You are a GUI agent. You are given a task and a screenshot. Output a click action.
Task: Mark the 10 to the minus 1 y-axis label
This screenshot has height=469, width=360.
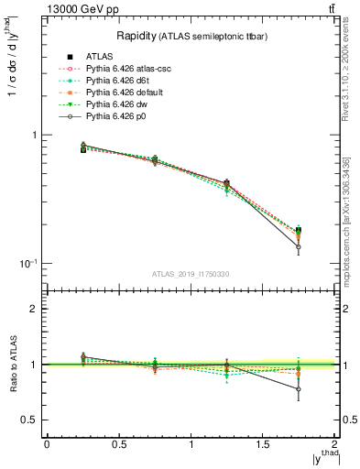click(x=27, y=264)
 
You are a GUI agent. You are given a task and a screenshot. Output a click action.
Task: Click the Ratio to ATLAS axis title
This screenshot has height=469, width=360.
click(x=12, y=363)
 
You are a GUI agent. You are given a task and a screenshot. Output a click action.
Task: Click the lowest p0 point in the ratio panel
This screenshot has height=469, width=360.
click(x=299, y=389)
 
